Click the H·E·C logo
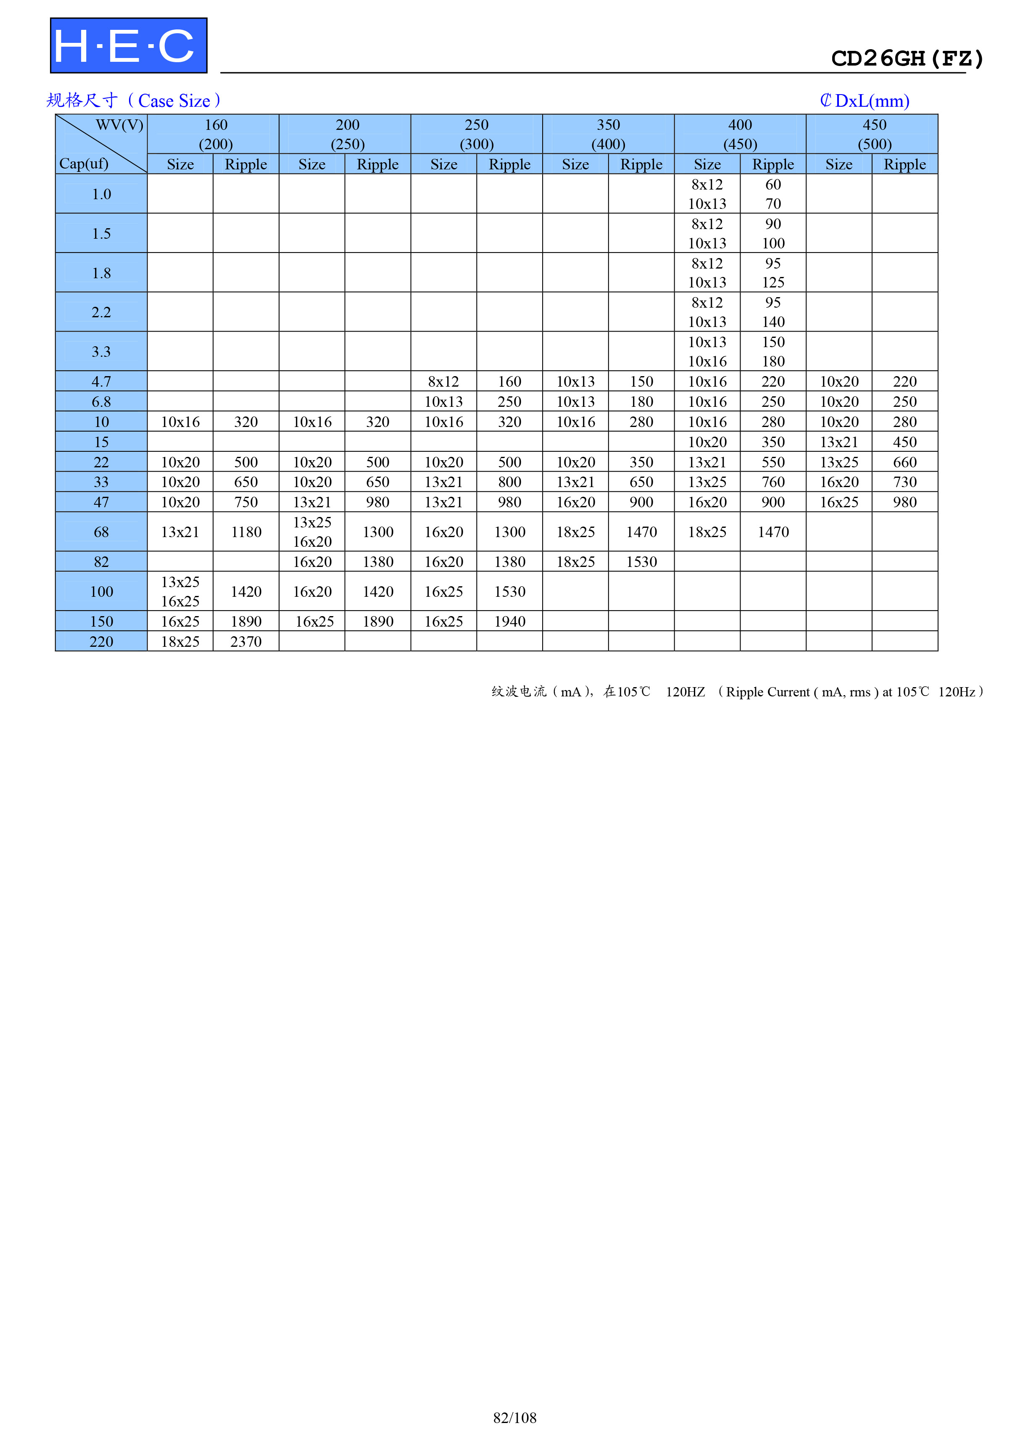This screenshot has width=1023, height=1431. [129, 45]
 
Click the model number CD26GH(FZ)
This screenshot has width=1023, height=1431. [907, 58]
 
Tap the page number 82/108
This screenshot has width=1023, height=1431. [514, 1417]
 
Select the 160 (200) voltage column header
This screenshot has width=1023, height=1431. [216, 134]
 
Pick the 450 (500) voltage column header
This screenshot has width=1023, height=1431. [874, 134]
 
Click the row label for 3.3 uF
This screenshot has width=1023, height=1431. [101, 351]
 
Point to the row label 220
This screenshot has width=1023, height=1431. [101, 641]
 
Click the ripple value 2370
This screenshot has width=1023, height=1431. [246, 641]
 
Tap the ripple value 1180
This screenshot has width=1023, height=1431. [246, 532]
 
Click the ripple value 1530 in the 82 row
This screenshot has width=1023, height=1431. [641, 561]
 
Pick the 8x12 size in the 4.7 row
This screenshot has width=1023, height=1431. [443, 381]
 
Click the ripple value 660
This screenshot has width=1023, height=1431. [904, 462]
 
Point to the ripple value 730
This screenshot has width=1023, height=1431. [904, 482]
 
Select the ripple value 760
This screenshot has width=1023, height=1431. [773, 482]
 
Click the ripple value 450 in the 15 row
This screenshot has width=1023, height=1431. [904, 442]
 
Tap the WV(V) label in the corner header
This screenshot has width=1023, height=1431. [120, 125]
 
